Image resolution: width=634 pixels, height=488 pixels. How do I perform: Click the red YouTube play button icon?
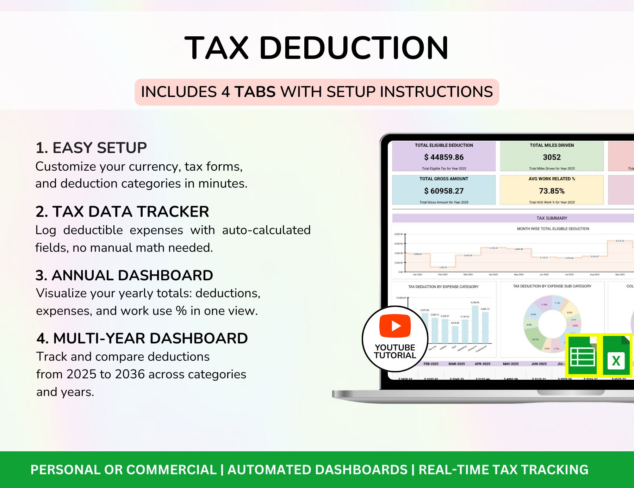pos(395,326)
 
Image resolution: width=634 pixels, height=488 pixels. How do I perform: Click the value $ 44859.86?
pos(444,157)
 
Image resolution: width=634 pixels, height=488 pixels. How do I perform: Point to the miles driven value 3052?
pos(552,157)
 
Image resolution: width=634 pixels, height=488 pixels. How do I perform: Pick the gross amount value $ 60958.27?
pos(444,191)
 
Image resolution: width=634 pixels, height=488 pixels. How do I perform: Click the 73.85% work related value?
pos(552,191)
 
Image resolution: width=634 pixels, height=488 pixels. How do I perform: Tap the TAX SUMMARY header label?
pos(552,218)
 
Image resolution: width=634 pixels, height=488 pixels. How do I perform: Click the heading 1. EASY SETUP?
pos(91,148)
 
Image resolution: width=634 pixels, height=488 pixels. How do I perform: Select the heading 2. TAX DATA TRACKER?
pos(122,212)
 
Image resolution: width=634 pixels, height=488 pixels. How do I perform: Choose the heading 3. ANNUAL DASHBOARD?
pos(124,275)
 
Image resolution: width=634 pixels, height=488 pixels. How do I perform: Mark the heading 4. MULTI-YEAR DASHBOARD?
pos(142,338)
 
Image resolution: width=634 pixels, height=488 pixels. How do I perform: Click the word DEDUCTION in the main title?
pos(354,48)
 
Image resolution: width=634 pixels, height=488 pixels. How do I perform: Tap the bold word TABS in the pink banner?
pos(255,92)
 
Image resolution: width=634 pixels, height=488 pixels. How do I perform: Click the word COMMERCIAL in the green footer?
pos(171,470)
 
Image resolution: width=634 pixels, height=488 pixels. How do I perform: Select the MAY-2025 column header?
pos(511,364)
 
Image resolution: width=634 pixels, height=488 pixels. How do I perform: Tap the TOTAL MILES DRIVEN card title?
pos(552,145)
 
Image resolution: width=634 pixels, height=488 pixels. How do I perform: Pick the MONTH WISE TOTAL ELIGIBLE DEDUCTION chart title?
pos(553,229)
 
